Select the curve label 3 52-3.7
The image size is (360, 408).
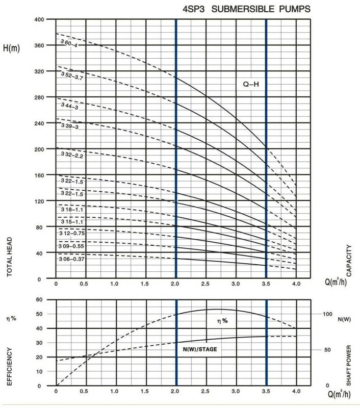point(72,77)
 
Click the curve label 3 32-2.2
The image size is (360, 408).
point(71,156)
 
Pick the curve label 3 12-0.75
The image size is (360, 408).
point(71,233)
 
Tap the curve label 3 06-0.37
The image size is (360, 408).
point(71,259)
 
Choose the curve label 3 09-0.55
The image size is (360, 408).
point(71,246)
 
